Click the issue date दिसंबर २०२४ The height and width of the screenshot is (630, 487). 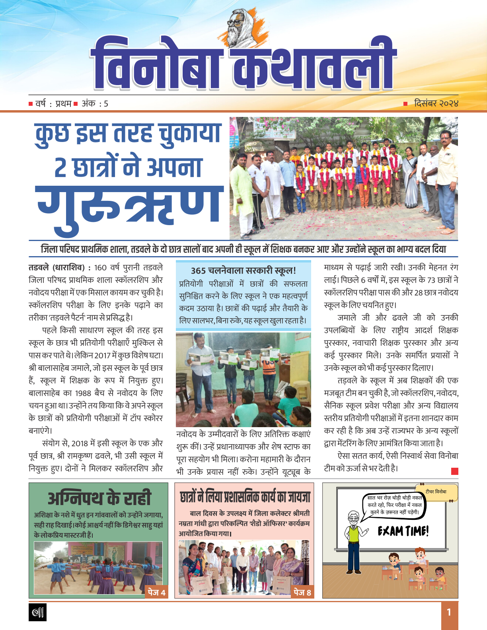click(436, 103)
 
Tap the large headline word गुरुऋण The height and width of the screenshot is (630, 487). click(129, 209)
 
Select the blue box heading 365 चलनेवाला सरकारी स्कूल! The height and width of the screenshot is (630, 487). click(243, 271)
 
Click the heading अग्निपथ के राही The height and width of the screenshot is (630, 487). click(99, 498)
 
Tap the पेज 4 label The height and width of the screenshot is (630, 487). click(156, 592)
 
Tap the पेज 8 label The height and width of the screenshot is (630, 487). click(302, 593)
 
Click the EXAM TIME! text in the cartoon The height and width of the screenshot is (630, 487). click(403, 531)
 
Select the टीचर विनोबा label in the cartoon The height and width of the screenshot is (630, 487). click(436, 492)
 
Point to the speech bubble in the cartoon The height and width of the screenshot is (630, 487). click(394, 505)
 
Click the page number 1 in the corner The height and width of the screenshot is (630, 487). click(449, 612)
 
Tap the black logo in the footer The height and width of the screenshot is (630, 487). click(38, 612)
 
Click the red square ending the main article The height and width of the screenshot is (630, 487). click(455, 471)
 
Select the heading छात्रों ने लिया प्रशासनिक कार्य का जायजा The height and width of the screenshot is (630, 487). click(245, 497)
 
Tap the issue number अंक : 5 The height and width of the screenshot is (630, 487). click(95, 104)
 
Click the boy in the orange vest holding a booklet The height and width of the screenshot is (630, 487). click(269, 368)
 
